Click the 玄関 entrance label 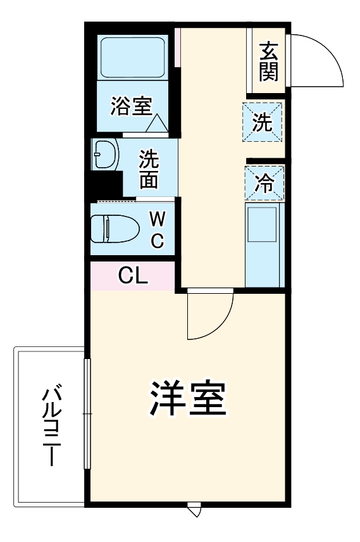[x=268, y=61]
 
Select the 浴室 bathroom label [x=131, y=106]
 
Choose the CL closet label [x=133, y=275]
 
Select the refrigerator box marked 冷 [x=264, y=183]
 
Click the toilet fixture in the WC [x=114, y=229]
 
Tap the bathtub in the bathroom [x=133, y=56]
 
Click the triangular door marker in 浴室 [x=156, y=123]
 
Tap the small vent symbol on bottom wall [x=194, y=507]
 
